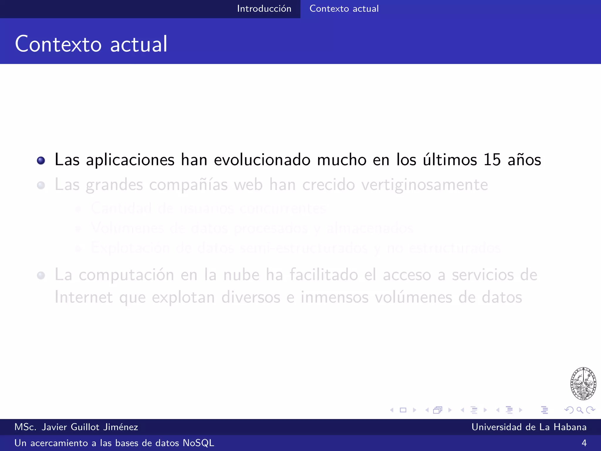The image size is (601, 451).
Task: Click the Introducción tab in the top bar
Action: click(x=264, y=9)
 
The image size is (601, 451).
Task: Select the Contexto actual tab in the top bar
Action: click(x=344, y=9)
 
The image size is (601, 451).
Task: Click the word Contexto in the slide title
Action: click(x=58, y=44)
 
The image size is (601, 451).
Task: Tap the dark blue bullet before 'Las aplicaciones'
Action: click(x=41, y=160)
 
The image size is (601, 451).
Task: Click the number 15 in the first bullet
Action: click(x=492, y=160)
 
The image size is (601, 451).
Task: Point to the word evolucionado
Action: click(x=262, y=160)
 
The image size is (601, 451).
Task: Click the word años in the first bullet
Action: click(x=524, y=160)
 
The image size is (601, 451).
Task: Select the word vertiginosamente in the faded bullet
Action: click(x=425, y=185)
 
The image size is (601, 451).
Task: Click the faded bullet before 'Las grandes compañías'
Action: click(x=41, y=185)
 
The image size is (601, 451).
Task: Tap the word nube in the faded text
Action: click(x=241, y=275)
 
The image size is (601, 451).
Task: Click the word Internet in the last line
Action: click(x=84, y=297)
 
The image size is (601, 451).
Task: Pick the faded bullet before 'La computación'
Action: click(x=41, y=275)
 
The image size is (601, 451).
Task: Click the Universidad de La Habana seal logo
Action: click(x=583, y=383)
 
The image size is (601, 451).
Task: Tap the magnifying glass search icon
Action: click(x=580, y=410)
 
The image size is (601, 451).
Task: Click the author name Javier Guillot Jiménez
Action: click(x=90, y=427)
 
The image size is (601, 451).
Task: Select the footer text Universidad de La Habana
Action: click(x=529, y=427)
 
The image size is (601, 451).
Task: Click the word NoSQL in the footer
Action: click(x=198, y=443)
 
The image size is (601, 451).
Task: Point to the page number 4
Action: click(x=584, y=443)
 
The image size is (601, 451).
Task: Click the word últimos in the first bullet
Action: click(x=450, y=160)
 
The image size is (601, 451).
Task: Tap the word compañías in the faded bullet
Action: click(x=188, y=185)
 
